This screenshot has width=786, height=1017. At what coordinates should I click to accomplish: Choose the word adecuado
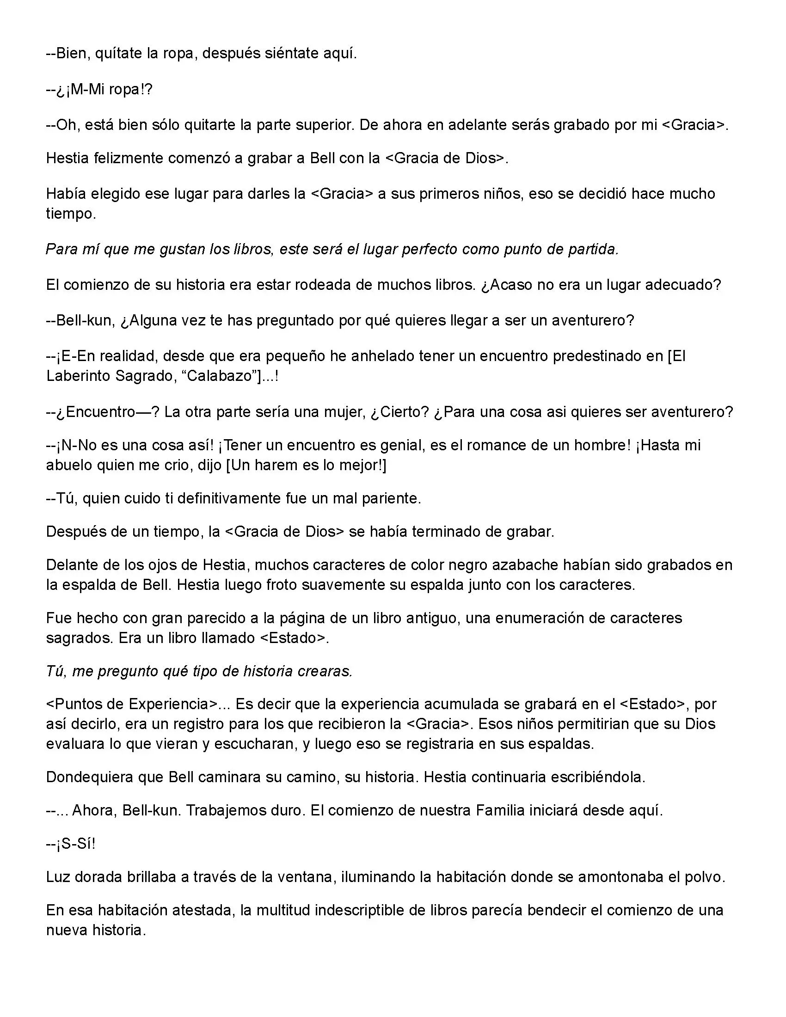(x=682, y=284)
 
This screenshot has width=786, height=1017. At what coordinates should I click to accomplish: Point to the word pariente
(x=390, y=498)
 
